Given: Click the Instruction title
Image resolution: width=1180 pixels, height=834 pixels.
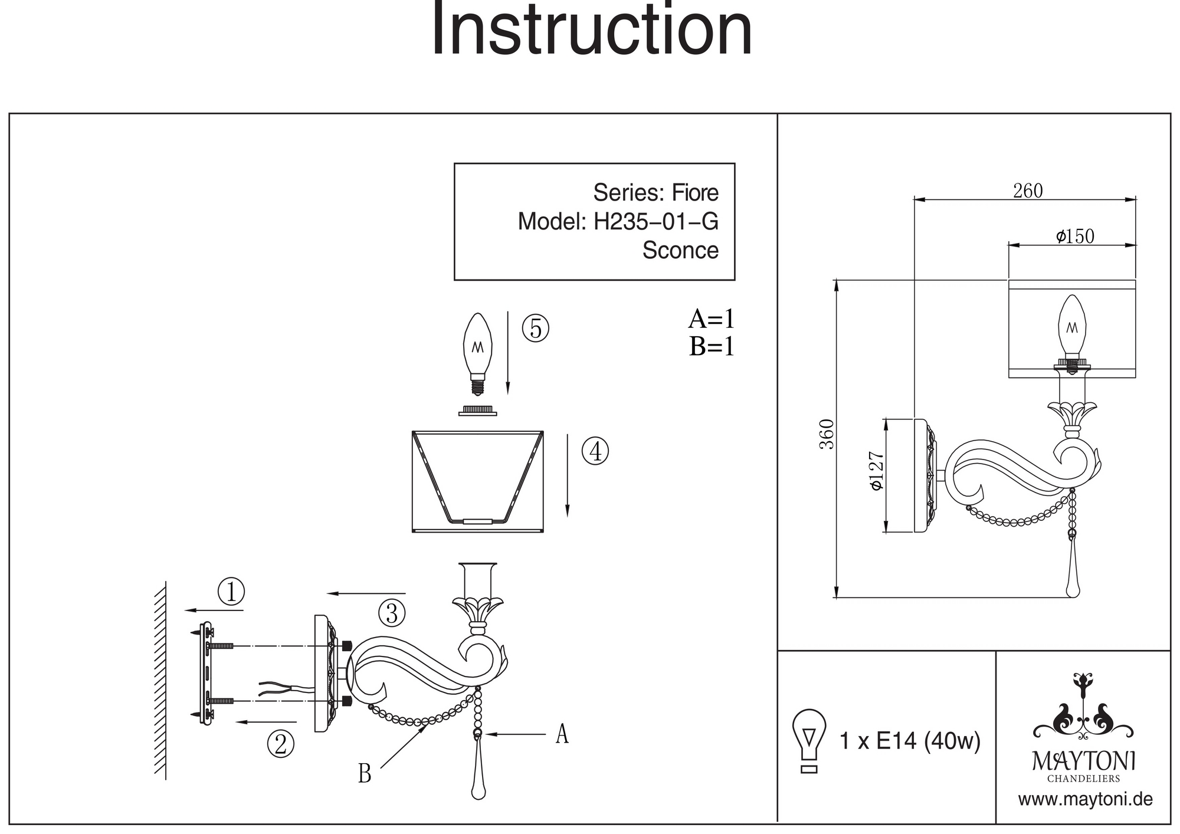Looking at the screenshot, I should (592, 31).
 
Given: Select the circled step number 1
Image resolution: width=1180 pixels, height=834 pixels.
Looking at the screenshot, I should (231, 591).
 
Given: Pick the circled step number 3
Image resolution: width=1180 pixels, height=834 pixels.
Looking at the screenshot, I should (392, 613).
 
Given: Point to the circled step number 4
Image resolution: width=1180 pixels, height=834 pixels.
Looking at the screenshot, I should (595, 451).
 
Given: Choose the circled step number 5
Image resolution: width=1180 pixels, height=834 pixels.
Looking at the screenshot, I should (536, 329).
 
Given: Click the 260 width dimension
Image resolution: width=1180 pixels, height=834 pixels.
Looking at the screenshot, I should (1028, 191).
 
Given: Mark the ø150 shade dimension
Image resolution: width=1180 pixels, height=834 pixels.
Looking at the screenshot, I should (1075, 237).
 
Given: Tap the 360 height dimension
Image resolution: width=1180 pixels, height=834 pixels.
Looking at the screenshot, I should (827, 434).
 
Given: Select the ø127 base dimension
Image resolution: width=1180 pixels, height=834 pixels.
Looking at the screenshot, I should (876, 470).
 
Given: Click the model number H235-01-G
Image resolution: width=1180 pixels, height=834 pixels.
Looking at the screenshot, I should (655, 222).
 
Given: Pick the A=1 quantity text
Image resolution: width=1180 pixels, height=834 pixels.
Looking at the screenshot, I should (712, 319).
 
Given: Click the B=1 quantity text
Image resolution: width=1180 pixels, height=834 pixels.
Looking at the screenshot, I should (712, 346).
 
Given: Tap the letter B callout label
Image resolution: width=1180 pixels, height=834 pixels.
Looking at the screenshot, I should (365, 773).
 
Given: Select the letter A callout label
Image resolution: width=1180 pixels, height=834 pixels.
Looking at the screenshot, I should (562, 734).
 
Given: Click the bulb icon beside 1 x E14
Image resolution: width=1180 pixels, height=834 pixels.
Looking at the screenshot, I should (809, 740).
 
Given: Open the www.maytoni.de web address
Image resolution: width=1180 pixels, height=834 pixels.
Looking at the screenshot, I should (1085, 800).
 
